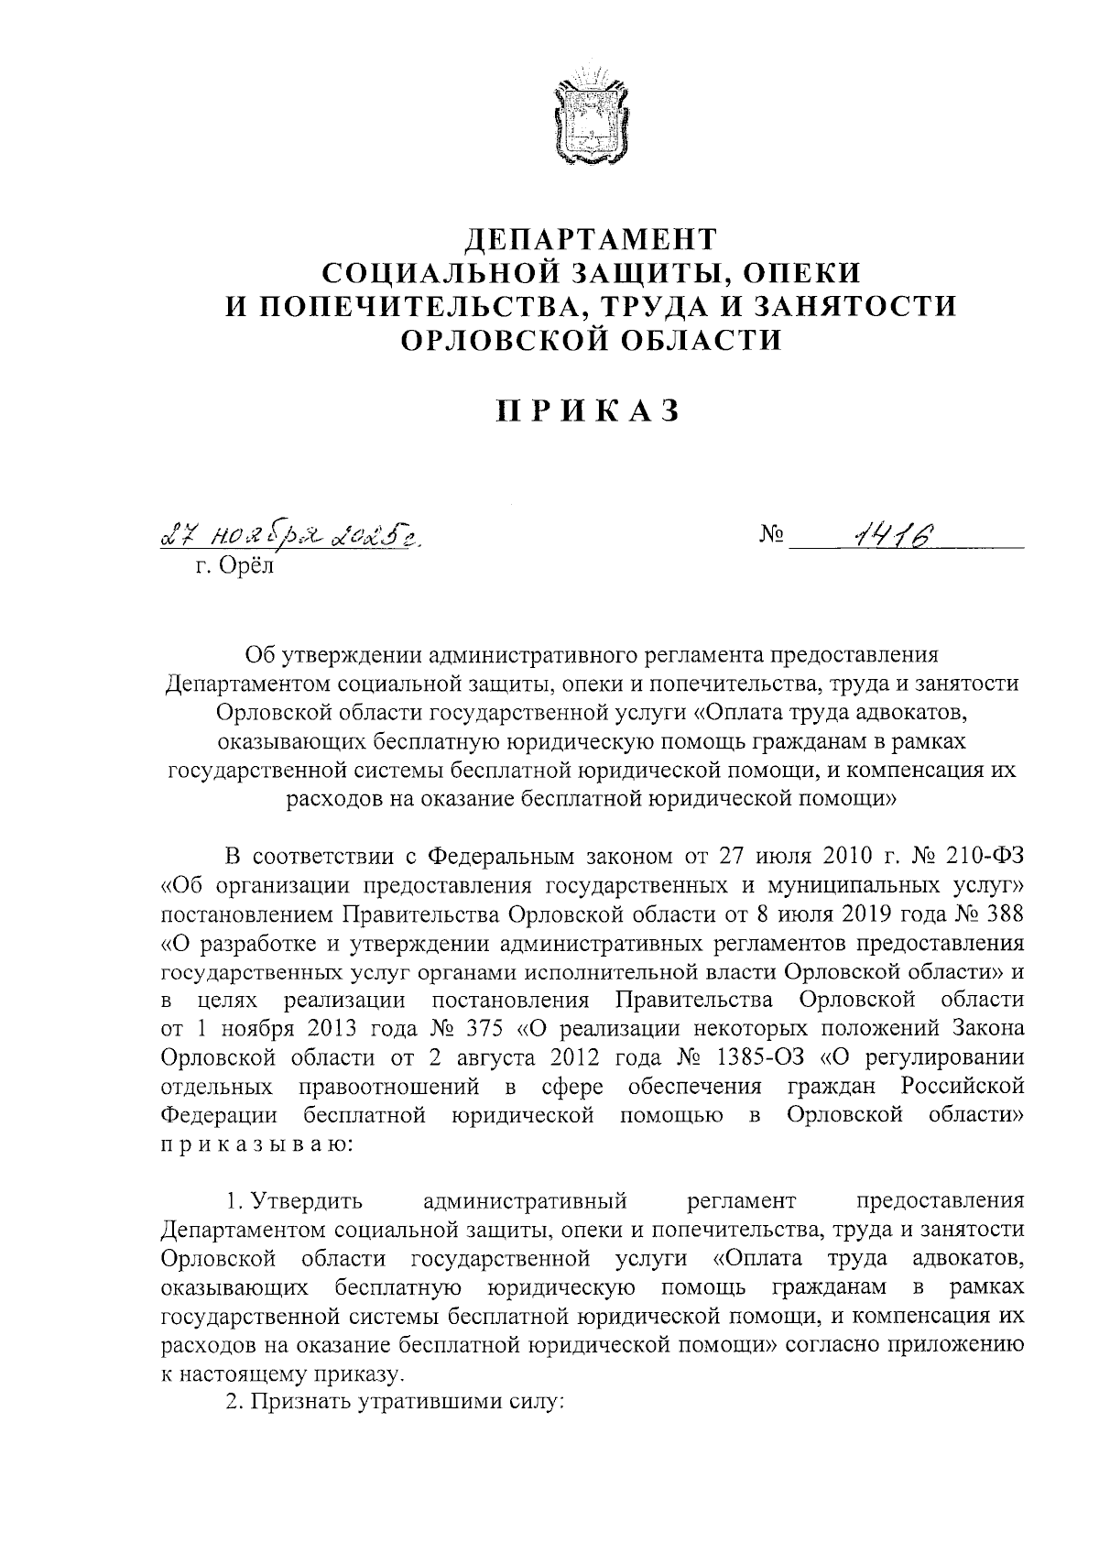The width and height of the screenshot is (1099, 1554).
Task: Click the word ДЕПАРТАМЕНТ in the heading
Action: point(590,240)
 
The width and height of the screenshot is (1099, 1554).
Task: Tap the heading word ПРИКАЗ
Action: point(589,410)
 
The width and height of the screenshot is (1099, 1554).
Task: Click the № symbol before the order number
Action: point(770,535)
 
